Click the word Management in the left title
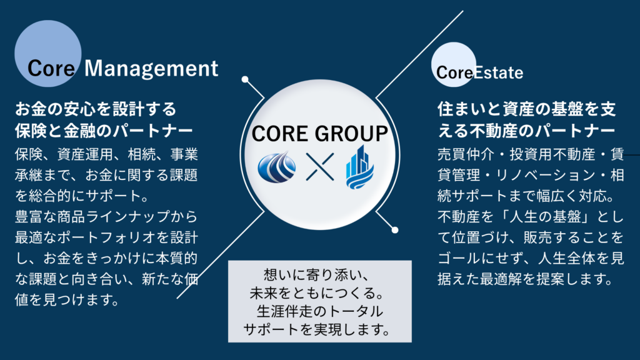151,68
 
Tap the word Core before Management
51,69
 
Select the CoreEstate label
479,72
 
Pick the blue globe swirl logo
278,166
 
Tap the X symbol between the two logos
320,167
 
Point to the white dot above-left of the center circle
245,79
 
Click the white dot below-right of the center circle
395,229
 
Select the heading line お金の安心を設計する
96,109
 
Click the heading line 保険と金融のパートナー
103,130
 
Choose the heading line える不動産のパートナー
527,131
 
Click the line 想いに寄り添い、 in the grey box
319,275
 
